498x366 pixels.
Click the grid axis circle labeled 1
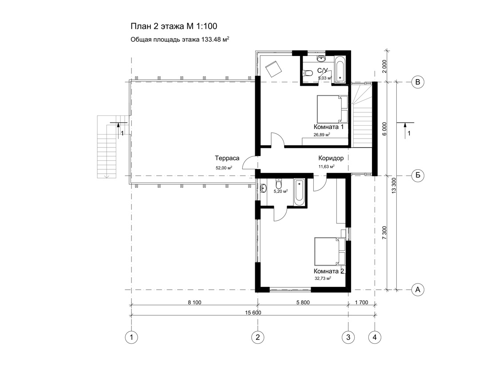click(x=131, y=337)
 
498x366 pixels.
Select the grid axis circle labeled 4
click(x=375, y=337)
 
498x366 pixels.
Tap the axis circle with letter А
click(x=418, y=290)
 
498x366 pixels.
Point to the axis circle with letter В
click(x=418, y=82)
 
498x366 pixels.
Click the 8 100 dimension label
click(x=195, y=302)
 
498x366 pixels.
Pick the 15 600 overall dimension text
click(x=253, y=313)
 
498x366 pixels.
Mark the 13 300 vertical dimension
click(x=394, y=186)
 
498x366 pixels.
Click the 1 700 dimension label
click(x=362, y=302)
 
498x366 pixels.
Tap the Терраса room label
click(x=227, y=158)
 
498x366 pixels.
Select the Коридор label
click(x=331, y=158)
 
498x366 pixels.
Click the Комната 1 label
click(x=329, y=127)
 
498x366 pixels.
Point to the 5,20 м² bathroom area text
click(x=281, y=191)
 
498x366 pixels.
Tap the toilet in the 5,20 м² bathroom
click(x=279, y=184)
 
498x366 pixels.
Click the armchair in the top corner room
click(x=274, y=69)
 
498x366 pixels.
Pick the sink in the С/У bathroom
click(x=321, y=59)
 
